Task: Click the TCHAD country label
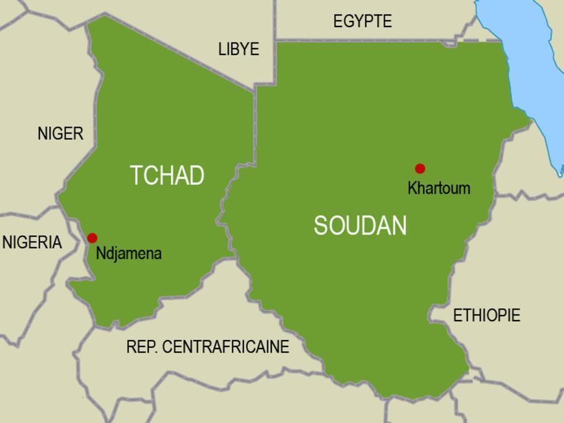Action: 167,176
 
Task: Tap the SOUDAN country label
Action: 360,225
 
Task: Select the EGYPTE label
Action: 362,21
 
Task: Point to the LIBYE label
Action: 238,49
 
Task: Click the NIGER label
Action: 60,133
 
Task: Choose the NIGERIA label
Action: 32,242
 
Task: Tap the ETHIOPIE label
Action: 486,315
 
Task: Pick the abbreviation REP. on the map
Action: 142,347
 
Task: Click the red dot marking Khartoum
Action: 420,168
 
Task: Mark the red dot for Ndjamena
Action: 92,238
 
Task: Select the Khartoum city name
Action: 438,189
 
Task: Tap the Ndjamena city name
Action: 128,253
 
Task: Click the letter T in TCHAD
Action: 136,176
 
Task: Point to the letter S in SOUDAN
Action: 321,225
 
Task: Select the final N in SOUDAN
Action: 400,225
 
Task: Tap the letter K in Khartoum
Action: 412,189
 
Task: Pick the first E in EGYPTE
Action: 337,21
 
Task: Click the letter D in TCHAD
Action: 197,176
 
